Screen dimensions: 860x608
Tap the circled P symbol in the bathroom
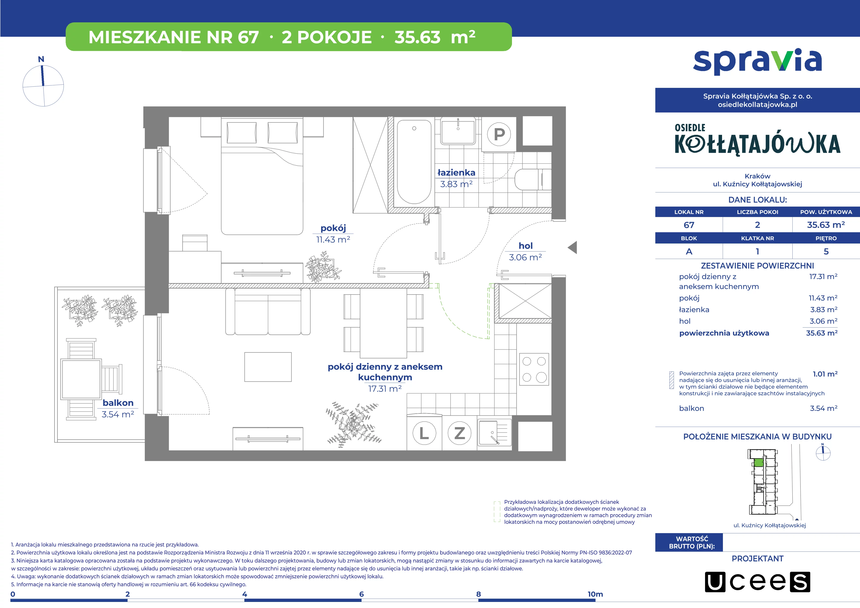(x=499, y=134)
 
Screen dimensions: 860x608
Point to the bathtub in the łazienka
(x=414, y=162)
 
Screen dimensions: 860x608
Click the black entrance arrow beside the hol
(x=572, y=247)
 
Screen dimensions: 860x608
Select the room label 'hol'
(x=525, y=246)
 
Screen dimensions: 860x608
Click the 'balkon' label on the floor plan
(x=118, y=403)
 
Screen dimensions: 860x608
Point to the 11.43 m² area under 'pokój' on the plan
(x=333, y=239)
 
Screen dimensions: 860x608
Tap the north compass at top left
(x=43, y=85)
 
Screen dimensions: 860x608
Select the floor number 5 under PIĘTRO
(x=826, y=251)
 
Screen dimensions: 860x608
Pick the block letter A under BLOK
(x=689, y=251)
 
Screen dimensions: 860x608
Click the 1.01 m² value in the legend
(x=825, y=374)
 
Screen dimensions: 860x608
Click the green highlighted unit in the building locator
(x=758, y=463)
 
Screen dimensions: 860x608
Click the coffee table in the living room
(x=268, y=367)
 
